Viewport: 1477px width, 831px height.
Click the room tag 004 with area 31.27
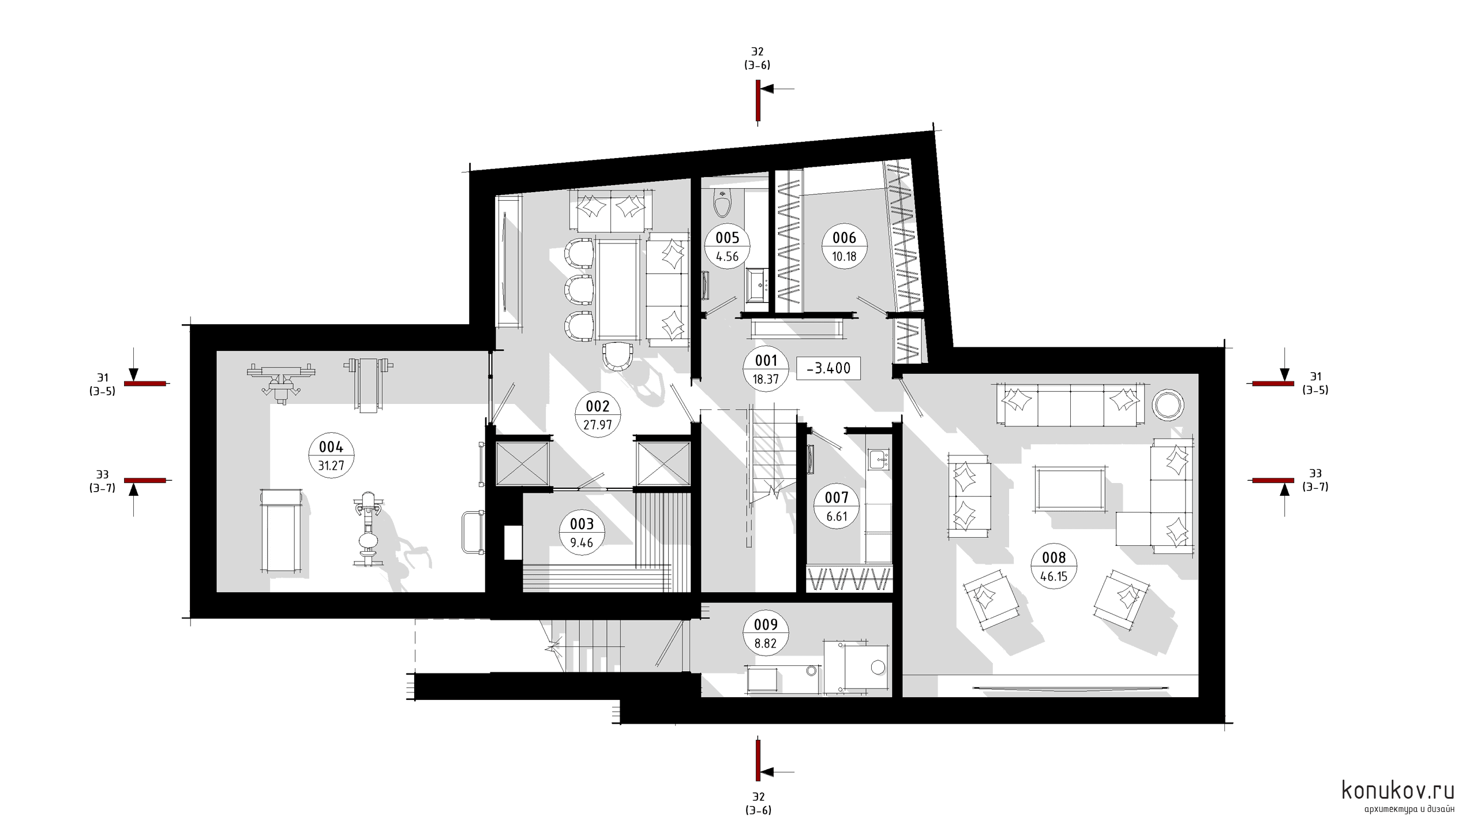[331, 455]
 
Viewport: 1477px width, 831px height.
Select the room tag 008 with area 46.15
[1054, 566]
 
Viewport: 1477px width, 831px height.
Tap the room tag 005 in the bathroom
[728, 246]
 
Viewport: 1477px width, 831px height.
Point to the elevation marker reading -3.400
[829, 368]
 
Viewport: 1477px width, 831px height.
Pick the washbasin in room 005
[757, 285]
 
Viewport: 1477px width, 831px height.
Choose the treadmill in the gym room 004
[281, 530]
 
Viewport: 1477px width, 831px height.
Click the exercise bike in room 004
[367, 528]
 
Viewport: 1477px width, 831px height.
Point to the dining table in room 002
[618, 290]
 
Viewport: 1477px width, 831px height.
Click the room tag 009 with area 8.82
[766, 634]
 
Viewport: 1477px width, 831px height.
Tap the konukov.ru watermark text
[1397, 791]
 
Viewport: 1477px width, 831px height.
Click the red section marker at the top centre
[758, 100]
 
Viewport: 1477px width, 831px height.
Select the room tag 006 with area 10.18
[844, 247]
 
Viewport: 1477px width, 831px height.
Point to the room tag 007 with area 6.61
[837, 506]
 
